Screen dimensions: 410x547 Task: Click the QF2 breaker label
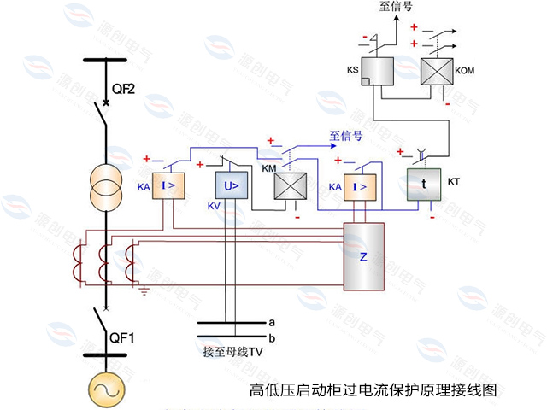tap(124, 88)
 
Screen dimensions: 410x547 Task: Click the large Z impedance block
tap(363, 255)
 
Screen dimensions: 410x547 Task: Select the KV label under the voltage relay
tap(214, 207)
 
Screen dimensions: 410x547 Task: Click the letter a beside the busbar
tap(271, 322)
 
